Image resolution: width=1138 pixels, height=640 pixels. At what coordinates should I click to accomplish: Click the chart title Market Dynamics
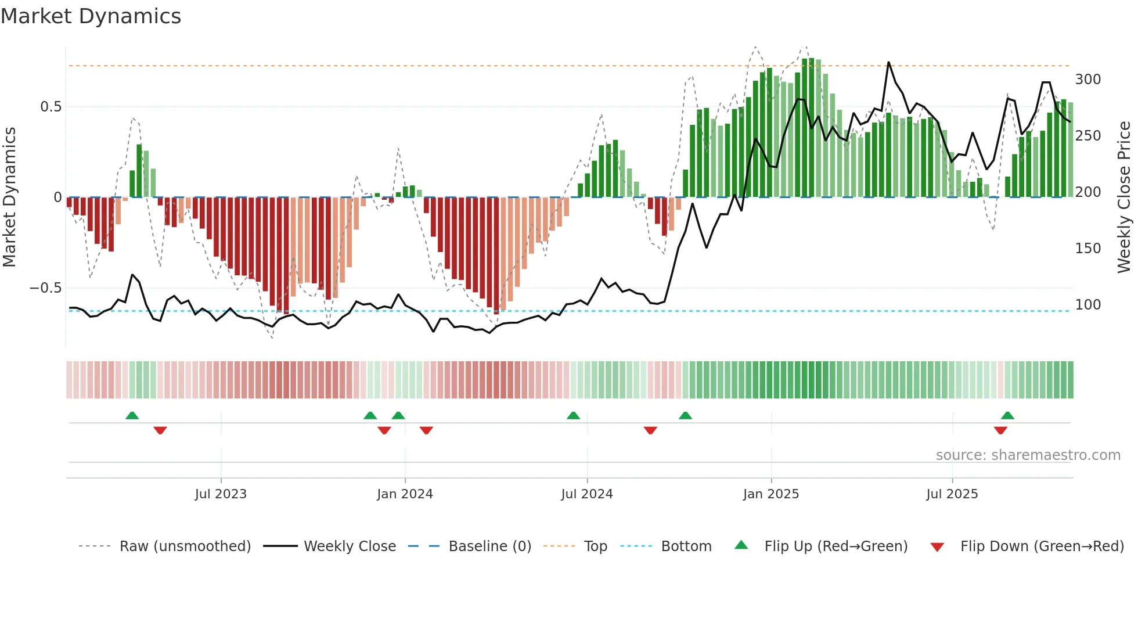(x=91, y=16)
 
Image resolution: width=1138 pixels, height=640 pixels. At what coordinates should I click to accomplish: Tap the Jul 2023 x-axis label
(x=221, y=494)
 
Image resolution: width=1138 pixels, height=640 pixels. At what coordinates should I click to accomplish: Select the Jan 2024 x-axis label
(x=405, y=494)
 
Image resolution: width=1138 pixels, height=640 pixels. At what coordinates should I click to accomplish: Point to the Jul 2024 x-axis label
(x=587, y=494)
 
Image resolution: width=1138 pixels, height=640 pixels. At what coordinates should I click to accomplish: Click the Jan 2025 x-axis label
(x=771, y=494)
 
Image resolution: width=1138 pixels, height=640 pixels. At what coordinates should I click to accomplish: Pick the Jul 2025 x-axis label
(x=952, y=494)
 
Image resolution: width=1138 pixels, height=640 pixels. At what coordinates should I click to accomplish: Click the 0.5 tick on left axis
(x=51, y=107)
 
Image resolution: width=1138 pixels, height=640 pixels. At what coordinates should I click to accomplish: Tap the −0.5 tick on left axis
(x=46, y=288)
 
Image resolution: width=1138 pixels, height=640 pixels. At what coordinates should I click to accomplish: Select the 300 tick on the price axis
(x=1087, y=80)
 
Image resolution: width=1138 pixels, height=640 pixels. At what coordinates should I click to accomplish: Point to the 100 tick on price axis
(x=1087, y=305)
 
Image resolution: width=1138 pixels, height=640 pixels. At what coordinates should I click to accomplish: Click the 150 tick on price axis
(x=1087, y=249)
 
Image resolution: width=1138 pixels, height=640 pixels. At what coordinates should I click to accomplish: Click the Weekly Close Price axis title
(x=1124, y=197)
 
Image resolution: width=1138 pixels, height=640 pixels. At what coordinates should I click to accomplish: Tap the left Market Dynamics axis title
(x=9, y=197)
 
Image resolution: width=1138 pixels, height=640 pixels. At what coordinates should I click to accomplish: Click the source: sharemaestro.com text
(x=1028, y=455)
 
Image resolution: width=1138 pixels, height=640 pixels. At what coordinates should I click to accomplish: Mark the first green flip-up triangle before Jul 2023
(x=132, y=415)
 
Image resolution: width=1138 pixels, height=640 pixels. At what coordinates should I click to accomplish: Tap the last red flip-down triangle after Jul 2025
(x=1000, y=430)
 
